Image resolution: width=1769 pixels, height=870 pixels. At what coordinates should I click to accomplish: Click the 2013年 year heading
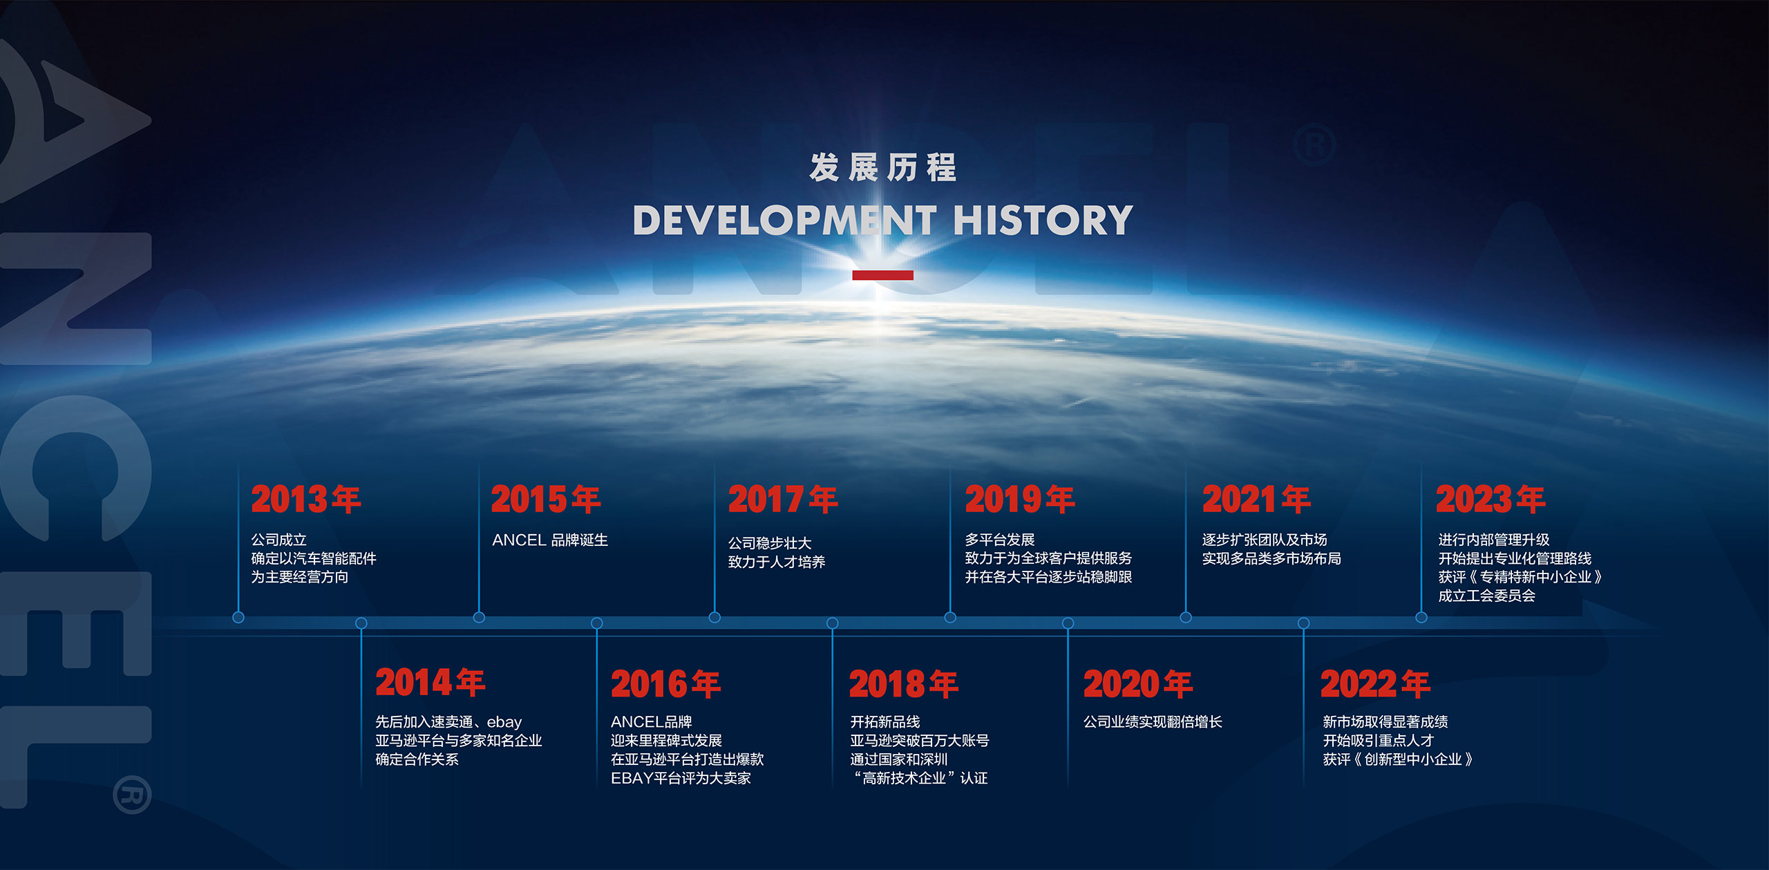305,499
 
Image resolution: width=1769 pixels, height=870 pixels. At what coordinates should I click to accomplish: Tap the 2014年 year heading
430,682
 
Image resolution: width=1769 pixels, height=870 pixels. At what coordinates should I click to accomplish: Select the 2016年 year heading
665,684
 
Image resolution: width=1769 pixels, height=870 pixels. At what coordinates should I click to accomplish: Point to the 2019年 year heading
1019,499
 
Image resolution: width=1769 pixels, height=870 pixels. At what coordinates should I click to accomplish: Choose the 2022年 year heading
1375,684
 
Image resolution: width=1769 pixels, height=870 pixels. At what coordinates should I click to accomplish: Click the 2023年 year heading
1491,499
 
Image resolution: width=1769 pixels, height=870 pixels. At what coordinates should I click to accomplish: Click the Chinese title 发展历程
883,168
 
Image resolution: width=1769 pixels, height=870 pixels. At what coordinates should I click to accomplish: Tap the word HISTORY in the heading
1043,220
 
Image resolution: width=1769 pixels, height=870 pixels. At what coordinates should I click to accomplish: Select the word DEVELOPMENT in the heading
784,220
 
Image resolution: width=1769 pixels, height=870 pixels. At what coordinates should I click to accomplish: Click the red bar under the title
882,275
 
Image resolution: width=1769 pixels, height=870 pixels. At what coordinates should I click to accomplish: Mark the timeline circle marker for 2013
238,617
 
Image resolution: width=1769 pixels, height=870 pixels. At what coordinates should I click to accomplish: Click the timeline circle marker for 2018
833,623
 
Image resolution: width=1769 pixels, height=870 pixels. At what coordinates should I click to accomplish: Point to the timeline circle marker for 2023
1421,617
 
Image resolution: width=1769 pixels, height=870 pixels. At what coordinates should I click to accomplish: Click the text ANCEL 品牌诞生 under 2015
550,540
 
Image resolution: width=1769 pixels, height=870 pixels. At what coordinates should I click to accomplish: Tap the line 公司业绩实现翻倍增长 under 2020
1153,722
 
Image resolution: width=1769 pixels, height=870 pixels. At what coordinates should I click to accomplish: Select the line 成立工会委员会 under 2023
1486,596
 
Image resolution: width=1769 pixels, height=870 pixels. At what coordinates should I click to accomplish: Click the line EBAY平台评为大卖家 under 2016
681,778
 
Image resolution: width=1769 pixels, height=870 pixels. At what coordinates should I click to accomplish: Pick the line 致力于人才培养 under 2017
777,562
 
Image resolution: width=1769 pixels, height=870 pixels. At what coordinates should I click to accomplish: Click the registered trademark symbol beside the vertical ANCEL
132,795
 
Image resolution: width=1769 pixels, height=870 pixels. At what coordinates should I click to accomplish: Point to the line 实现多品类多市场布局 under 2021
1271,558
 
